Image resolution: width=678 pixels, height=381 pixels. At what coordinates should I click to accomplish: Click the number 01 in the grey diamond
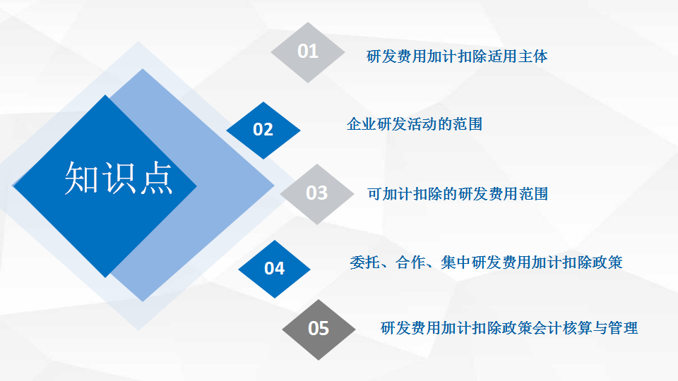(x=308, y=52)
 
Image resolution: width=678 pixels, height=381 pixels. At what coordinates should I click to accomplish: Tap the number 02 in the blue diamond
(x=263, y=130)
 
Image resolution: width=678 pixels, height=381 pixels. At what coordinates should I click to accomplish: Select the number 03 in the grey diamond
(x=316, y=193)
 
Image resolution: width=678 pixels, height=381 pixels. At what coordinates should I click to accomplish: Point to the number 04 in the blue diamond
(x=274, y=269)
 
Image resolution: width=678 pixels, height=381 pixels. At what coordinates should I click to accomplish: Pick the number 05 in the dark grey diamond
(x=319, y=329)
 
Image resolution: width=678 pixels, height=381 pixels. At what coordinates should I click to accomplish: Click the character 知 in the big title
(x=81, y=178)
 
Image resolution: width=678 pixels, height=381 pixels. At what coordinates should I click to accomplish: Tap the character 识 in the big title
(x=119, y=178)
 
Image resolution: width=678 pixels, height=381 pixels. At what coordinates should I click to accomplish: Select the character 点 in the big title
(x=156, y=178)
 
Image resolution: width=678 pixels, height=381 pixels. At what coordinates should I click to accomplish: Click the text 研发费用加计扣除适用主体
(x=457, y=56)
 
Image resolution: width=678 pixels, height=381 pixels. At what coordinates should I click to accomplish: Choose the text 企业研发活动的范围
(x=415, y=124)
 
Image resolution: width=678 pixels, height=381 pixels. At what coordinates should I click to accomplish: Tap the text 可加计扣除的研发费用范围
(x=458, y=194)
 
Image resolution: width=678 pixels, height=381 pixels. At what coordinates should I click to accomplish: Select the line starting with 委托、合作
(x=486, y=262)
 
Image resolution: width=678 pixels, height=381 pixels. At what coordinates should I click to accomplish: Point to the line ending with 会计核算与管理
(x=509, y=328)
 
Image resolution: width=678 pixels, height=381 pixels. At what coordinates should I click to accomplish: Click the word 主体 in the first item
(x=533, y=56)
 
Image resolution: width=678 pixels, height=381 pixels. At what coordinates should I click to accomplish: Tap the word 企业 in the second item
(x=362, y=124)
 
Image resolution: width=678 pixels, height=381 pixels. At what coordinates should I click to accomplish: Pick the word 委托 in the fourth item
(x=365, y=262)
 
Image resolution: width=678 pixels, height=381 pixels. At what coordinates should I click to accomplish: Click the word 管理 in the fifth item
(x=623, y=328)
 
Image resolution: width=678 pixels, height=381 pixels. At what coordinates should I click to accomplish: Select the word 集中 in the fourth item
(x=456, y=262)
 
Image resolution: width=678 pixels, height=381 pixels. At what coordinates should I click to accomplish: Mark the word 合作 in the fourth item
(x=410, y=262)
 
